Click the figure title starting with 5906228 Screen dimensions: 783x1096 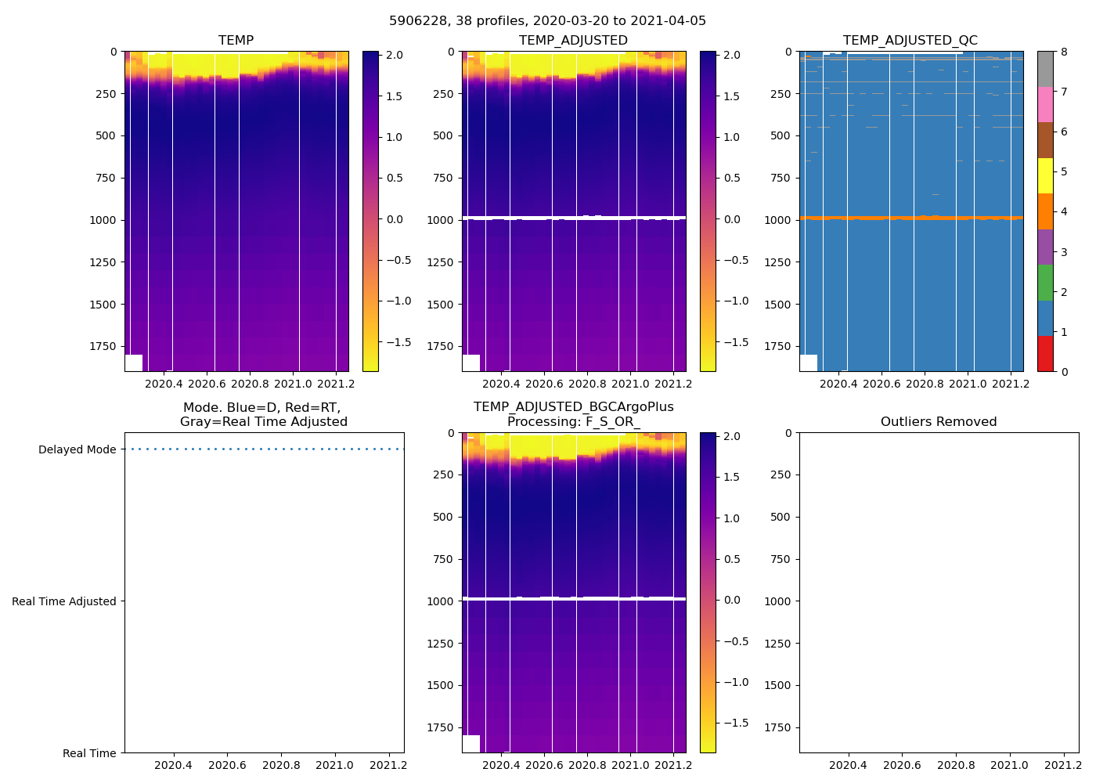(547, 21)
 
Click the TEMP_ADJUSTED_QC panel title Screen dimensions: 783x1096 (910, 41)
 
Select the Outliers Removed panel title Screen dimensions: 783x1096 (938, 422)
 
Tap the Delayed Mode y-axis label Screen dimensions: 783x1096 (77, 449)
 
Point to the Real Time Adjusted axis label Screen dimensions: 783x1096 (63, 601)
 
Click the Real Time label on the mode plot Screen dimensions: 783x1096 (89, 753)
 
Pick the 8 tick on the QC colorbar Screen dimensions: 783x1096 (1064, 52)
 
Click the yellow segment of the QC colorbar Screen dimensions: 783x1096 (1045, 176)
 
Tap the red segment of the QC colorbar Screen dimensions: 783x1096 (1045, 353)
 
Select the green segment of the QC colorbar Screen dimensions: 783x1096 (1045, 283)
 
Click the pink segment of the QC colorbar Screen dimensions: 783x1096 (1045, 105)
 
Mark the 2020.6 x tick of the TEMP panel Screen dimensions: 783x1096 (207, 384)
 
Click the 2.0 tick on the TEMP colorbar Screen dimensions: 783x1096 (395, 56)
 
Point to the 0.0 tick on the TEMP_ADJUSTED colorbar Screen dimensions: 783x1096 (732, 219)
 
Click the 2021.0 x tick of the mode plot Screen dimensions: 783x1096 (334, 765)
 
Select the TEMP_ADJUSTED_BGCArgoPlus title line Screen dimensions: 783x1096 (573, 407)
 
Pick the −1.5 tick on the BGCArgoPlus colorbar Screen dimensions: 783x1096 (732, 723)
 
